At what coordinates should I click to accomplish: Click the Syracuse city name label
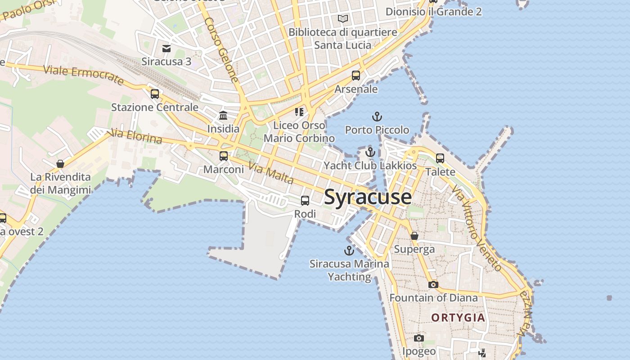tap(368, 197)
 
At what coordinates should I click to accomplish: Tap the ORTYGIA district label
tap(458, 318)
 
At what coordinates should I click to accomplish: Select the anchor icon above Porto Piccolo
tap(377, 117)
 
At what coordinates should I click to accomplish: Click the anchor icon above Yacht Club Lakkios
tap(370, 153)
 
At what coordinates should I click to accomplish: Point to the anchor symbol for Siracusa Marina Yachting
tap(349, 251)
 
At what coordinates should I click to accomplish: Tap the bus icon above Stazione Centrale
tap(155, 94)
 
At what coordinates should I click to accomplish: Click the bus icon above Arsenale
tap(356, 76)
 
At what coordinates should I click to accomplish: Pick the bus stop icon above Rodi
tap(305, 201)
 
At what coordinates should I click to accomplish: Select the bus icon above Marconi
tap(224, 156)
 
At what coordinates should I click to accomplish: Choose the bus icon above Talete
tap(440, 158)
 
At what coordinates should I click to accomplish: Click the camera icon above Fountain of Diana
tap(433, 284)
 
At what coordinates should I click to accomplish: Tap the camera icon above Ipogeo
tap(419, 338)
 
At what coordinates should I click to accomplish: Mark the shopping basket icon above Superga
tap(414, 236)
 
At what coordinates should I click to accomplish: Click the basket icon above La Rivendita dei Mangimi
tap(60, 164)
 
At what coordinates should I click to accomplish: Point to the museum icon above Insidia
tap(223, 116)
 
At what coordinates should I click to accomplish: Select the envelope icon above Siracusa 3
tap(166, 48)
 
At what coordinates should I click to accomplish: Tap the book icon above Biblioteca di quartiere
tap(343, 19)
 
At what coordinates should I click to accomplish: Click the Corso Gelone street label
tap(221, 49)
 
